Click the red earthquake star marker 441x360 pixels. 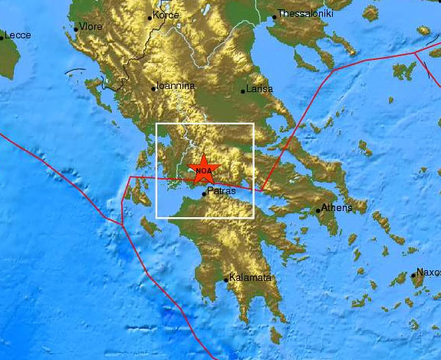coord(204,170)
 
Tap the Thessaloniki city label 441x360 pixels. coord(305,13)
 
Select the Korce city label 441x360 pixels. coord(166,15)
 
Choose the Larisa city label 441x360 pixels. coord(262,90)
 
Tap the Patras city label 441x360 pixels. coord(221,195)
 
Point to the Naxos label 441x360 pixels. coord(428,272)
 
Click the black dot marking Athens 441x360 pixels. coord(318,210)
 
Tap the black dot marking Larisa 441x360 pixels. coord(244,92)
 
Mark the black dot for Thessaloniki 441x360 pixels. coord(275,16)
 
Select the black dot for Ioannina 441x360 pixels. coord(154,89)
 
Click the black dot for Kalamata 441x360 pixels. coord(226,280)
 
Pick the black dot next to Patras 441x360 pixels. coord(203,194)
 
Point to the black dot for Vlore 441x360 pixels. coord(76,29)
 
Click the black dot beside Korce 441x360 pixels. coord(150,17)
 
